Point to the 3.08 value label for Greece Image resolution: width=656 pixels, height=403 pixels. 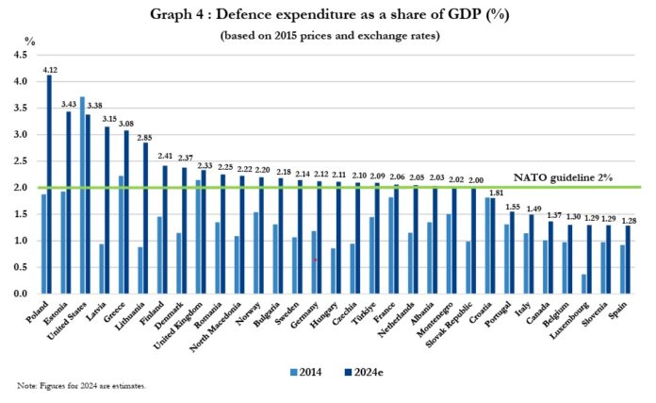(129, 122)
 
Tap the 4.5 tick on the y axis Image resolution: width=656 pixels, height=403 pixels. (19, 56)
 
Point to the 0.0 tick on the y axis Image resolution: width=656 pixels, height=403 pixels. (19, 294)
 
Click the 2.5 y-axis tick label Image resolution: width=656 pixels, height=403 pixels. (19, 161)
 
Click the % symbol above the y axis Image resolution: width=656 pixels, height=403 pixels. (29, 42)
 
